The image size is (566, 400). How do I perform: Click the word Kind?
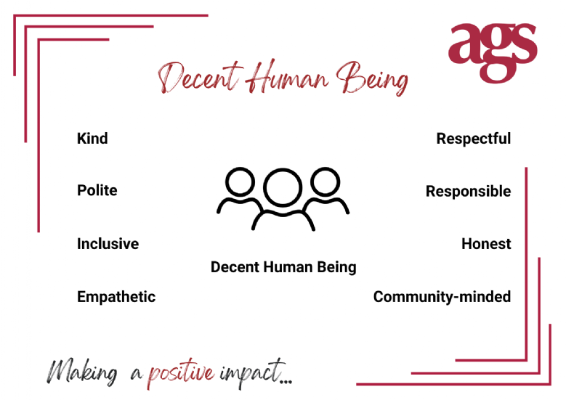pos(92,139)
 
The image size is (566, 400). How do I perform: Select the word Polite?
pos(97,190)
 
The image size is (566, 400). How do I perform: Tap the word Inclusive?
pos(108,244)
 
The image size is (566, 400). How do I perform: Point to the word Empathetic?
pos(116,297)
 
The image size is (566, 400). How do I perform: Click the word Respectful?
pos(474,139)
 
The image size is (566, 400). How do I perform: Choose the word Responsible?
pos(468,191)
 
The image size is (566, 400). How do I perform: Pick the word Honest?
pos(486,244)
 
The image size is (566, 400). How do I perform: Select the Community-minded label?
pos(442,297)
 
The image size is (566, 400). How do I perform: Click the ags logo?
pos(493,53)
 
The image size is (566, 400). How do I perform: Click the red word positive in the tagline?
pos(180,373)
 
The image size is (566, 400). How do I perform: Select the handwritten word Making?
pos(82,372)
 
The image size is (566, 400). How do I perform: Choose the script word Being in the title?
pos(372,78)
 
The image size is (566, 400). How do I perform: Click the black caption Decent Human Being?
pos(283,268)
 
